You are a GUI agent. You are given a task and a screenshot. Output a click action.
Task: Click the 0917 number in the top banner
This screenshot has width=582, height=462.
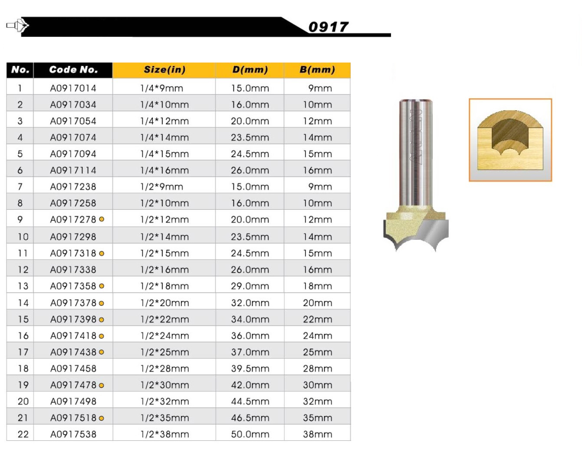(328, 27)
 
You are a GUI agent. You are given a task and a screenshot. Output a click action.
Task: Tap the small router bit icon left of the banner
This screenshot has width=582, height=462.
(17, 26)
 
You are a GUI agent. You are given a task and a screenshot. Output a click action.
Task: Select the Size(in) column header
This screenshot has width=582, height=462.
(164, 70)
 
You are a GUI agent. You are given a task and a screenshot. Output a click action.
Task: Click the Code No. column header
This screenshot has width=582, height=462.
(73, 69)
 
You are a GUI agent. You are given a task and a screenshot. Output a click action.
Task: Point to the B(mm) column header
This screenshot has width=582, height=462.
(317, 70)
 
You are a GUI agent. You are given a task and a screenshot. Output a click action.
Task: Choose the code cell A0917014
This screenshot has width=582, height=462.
(73, 88)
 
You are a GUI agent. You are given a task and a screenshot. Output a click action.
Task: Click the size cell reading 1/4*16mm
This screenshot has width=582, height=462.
(164, 170)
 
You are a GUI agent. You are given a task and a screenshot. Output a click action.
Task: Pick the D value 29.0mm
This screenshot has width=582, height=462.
(250, 286)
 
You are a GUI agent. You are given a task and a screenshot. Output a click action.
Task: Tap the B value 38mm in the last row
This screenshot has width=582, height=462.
(318, 434)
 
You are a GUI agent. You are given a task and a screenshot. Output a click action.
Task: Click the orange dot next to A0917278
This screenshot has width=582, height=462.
(102, 219)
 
